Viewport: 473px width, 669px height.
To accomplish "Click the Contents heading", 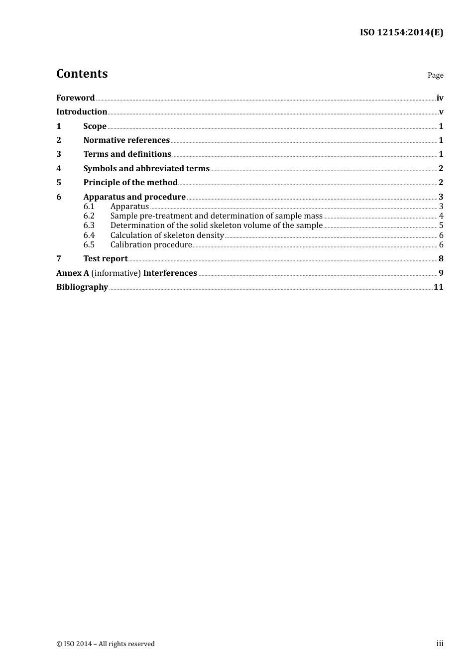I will pyautogui.click(x=82, y=74).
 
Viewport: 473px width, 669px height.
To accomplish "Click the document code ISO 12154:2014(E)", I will pyautogui.click(x=401, y=32).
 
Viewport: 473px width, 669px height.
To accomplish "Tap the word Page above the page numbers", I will pyautogui.click(x=435, y=75).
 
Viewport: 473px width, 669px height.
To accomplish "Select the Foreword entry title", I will pyautogui.click(x=75, y=98).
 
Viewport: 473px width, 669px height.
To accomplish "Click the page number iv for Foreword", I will pyautogui.click(x=440, y=98).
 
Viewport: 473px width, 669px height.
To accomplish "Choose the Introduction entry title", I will pyautogui.click(x=82, y=112).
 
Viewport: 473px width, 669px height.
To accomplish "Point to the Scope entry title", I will pyautogui.click(x=95, y=126).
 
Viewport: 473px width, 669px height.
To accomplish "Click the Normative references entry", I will pyautogui.click(x=126, y=140).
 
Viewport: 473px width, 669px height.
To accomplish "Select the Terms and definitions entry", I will pyautogui.click(x=127, y=154).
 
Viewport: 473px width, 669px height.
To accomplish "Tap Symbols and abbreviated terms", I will pyautogui.click(x=146, y=169).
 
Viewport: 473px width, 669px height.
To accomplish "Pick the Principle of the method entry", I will pyautogui.click(x=130, y=183).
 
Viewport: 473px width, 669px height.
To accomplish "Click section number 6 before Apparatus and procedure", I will pyautogui.click(x=59, y=197).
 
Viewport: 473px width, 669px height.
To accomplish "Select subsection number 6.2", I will pyautogui.click(x=89, y=216).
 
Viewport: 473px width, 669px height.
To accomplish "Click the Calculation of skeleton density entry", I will pyautogui.click(x=167, y=235).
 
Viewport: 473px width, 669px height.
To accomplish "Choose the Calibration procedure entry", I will pyautogui.click(x=151, y=245).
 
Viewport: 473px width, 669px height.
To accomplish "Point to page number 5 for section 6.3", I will pyautogui.click(x=441, y=225).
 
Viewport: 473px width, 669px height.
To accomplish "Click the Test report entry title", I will pyautogui.click(x=106, y=259).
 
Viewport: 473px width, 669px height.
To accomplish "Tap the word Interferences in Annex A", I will pyautogui.click(x=170, y=273).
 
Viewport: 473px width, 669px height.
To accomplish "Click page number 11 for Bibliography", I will pyautogui.click(x=438, y=287).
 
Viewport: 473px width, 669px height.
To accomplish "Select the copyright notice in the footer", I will pyautogui.click(x=106, y=644).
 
